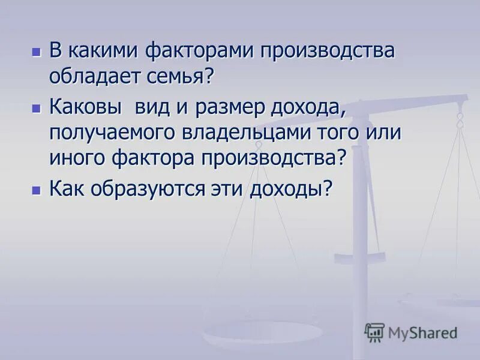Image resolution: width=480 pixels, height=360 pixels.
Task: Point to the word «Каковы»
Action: tap(85, 109)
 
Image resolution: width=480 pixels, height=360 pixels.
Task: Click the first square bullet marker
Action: tap(37, 52)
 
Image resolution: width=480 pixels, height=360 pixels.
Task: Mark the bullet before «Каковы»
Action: tap(37, 109)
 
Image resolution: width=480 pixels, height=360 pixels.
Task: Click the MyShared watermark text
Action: tap(422, 332)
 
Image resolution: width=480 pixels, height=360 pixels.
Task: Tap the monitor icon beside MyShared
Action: tap(374, 332)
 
